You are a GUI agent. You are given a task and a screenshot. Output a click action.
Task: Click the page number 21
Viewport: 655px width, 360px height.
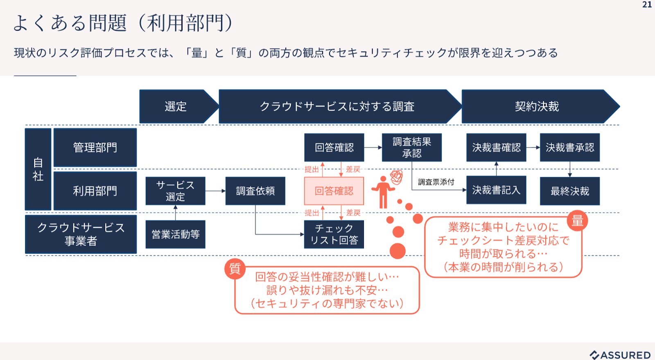tap(647, 4)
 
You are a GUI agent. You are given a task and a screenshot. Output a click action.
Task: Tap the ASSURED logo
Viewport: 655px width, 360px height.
tap(620, 355)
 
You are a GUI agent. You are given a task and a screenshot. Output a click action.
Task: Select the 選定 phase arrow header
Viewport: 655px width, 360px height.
tap(176, 106)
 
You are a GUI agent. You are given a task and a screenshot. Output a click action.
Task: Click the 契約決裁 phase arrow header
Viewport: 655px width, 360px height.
tap(537, 106)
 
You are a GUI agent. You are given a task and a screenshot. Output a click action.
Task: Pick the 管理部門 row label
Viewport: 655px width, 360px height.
tap(95, 147)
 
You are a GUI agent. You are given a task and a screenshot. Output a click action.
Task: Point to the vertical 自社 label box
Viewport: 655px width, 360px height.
tap(38, 169)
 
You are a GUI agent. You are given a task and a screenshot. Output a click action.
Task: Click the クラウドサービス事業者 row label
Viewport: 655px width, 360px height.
tap(81, 234)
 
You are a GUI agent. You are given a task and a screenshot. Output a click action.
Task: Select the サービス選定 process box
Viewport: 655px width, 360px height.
tap(175, 191)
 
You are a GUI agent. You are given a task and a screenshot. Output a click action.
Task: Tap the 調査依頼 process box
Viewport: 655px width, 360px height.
tap(255, 191)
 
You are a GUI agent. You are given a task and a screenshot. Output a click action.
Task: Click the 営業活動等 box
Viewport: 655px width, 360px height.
tap(175, 234)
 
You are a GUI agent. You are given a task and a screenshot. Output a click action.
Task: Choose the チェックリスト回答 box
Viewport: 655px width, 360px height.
tap(334, 234)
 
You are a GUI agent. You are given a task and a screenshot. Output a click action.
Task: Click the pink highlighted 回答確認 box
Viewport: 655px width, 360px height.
tap(334, 191)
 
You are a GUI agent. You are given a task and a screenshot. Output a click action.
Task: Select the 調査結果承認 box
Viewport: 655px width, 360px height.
tap(411, 147)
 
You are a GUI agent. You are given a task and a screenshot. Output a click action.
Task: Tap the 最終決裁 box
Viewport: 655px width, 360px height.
tap(569, 191)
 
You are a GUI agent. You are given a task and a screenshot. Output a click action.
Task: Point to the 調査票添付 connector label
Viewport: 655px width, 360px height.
tap(436, 182)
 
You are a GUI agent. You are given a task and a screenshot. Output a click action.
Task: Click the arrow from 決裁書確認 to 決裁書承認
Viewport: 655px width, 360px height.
tap(533, 147)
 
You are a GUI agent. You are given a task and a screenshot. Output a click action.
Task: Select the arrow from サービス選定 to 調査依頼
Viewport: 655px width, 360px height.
tap(215, 191)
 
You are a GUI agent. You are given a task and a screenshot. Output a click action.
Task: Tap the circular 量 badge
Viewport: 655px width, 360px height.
tap(577, 221)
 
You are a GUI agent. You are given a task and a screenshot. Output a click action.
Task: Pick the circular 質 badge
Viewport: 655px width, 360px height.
tap(235, 268)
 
